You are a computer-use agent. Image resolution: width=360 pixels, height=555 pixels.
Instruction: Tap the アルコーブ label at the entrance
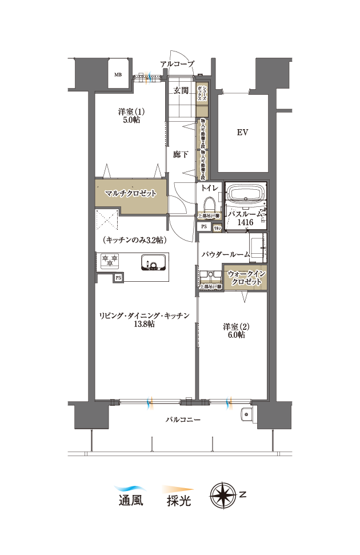(x=177, y=64)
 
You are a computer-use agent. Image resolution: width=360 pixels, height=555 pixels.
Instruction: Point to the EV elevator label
(x=242, y=133)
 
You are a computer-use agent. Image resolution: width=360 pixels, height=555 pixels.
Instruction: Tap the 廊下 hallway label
(x=181, y=154)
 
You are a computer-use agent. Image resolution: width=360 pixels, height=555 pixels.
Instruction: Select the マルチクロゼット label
(x=130, y=193)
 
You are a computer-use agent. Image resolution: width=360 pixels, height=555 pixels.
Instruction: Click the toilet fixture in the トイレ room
(x=209, y=205)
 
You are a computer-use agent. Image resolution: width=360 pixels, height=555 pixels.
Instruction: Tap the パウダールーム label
(x=225, y=254)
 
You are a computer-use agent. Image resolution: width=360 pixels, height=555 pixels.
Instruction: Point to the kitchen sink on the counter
(x=153, y=262)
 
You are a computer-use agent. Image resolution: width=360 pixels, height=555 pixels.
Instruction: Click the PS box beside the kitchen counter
(x=118, y=277)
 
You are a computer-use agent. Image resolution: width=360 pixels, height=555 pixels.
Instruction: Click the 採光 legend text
(x=178, y=501)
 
